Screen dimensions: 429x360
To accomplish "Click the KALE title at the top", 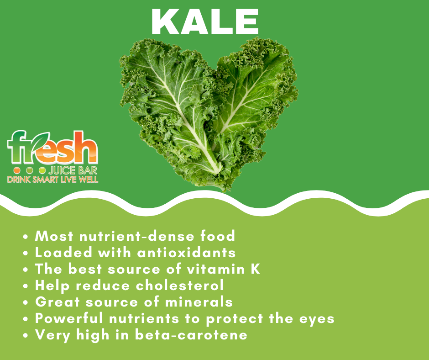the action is point(205,21).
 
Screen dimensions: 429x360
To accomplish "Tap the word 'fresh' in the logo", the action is point(52,148).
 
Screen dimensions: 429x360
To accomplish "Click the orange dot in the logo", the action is point(17,170).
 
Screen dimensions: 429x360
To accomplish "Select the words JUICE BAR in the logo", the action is point(73,170).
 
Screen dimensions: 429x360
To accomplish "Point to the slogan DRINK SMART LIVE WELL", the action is point(52,180).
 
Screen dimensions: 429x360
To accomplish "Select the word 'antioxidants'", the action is point(186,252).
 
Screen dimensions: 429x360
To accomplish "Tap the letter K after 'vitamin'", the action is point(255,269).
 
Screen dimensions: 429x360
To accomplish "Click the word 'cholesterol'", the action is point(180,285).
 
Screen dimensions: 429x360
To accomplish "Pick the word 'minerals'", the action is point(199,302).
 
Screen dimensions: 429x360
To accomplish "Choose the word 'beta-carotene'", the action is point(191,335).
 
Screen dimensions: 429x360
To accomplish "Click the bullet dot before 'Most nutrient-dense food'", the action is point(26,237).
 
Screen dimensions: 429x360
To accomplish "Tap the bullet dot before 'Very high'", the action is point(26,335).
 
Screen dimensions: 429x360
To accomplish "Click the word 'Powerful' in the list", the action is point(69,318).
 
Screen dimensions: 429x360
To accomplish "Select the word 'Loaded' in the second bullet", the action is point(63,252).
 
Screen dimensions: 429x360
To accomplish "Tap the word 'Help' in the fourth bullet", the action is point(52,286).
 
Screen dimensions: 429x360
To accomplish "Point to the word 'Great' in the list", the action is point(58,302).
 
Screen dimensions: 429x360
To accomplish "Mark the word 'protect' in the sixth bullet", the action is point(235,319).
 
